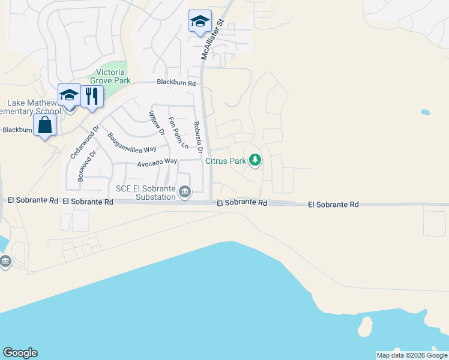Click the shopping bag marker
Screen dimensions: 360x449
click(45, 125)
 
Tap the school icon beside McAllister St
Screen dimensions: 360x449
click(200, 22)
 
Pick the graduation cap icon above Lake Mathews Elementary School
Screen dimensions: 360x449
click(69, 95)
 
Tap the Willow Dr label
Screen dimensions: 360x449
click(156, 122)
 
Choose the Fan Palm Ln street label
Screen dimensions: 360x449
click(178, 133)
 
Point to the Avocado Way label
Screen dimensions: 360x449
click(157, 161)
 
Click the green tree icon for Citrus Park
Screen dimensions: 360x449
click(256, 160)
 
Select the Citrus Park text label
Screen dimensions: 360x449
click(226, 161)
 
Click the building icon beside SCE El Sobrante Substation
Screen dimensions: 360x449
click(185, 192)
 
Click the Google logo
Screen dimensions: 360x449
click(20, 353)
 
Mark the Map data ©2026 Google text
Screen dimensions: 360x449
click(411, 355)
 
